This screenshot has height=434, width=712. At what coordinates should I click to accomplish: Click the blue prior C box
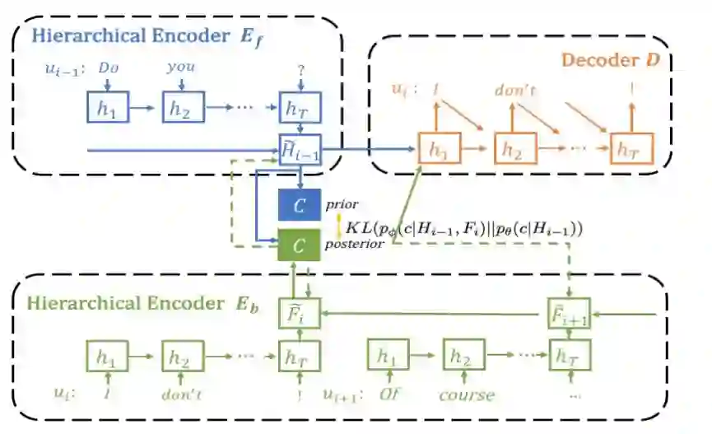tap(300, 205)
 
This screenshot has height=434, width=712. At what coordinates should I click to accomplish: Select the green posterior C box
tap(300, 244)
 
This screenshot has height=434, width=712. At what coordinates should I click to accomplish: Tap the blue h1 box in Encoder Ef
tap(107, 107)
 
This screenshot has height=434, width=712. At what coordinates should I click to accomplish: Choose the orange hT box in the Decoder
tap(630, 149)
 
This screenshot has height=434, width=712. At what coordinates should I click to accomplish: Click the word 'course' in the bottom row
tap(467, 395)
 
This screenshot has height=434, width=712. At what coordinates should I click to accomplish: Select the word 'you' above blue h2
tap(180, 67)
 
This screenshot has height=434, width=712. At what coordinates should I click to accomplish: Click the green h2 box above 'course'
tap(464, 357)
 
